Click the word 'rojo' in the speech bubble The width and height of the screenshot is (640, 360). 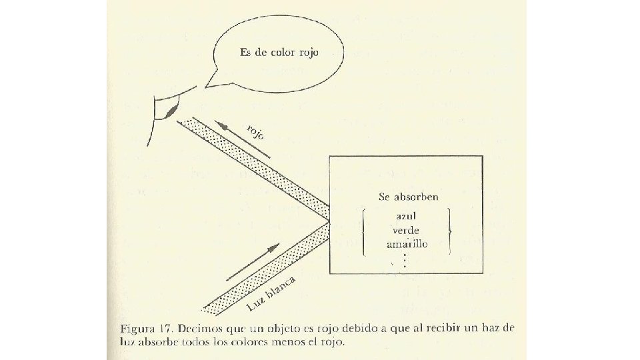[305, 53]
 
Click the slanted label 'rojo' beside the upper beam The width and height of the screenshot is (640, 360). [255, 131]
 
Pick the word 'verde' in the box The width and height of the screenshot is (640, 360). [406, 231]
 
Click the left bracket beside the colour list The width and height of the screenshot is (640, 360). [363, 231]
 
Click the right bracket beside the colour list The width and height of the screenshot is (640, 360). [450, 231]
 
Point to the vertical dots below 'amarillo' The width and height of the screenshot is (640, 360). [405, 260]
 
